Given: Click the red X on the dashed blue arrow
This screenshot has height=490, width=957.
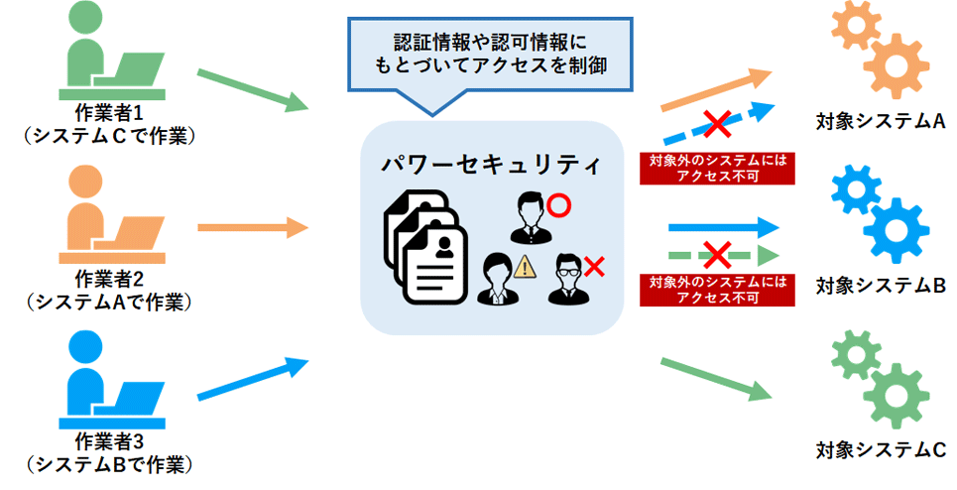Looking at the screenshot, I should pos(717,124).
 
